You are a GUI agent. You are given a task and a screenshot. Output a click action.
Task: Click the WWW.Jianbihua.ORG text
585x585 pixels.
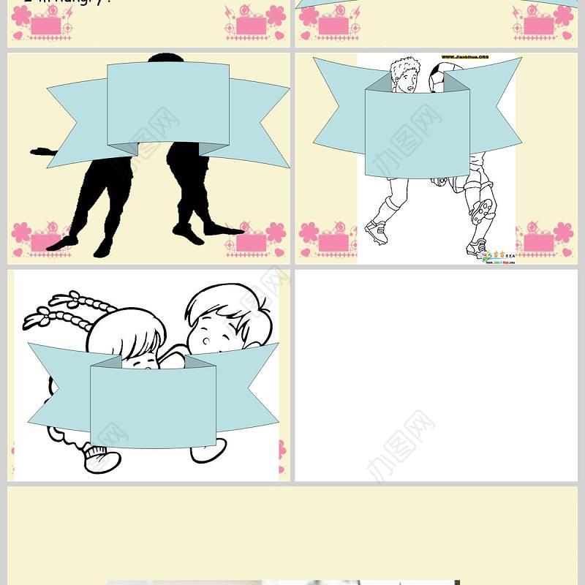pos(464,56)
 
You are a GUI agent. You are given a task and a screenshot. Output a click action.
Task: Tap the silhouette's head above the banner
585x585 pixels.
pos(165,58)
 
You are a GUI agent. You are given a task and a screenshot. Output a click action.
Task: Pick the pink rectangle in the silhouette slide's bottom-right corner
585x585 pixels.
pos(250,242)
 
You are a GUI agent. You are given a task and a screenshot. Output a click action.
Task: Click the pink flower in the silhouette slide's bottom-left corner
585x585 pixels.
pos(20,233)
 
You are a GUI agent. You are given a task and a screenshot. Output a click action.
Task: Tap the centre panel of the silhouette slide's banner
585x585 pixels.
pos(168,106)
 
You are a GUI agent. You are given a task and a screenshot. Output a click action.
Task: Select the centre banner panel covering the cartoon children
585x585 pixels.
pos(153,406)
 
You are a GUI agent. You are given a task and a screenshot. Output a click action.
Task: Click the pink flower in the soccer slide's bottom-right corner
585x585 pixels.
pos(563,233)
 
